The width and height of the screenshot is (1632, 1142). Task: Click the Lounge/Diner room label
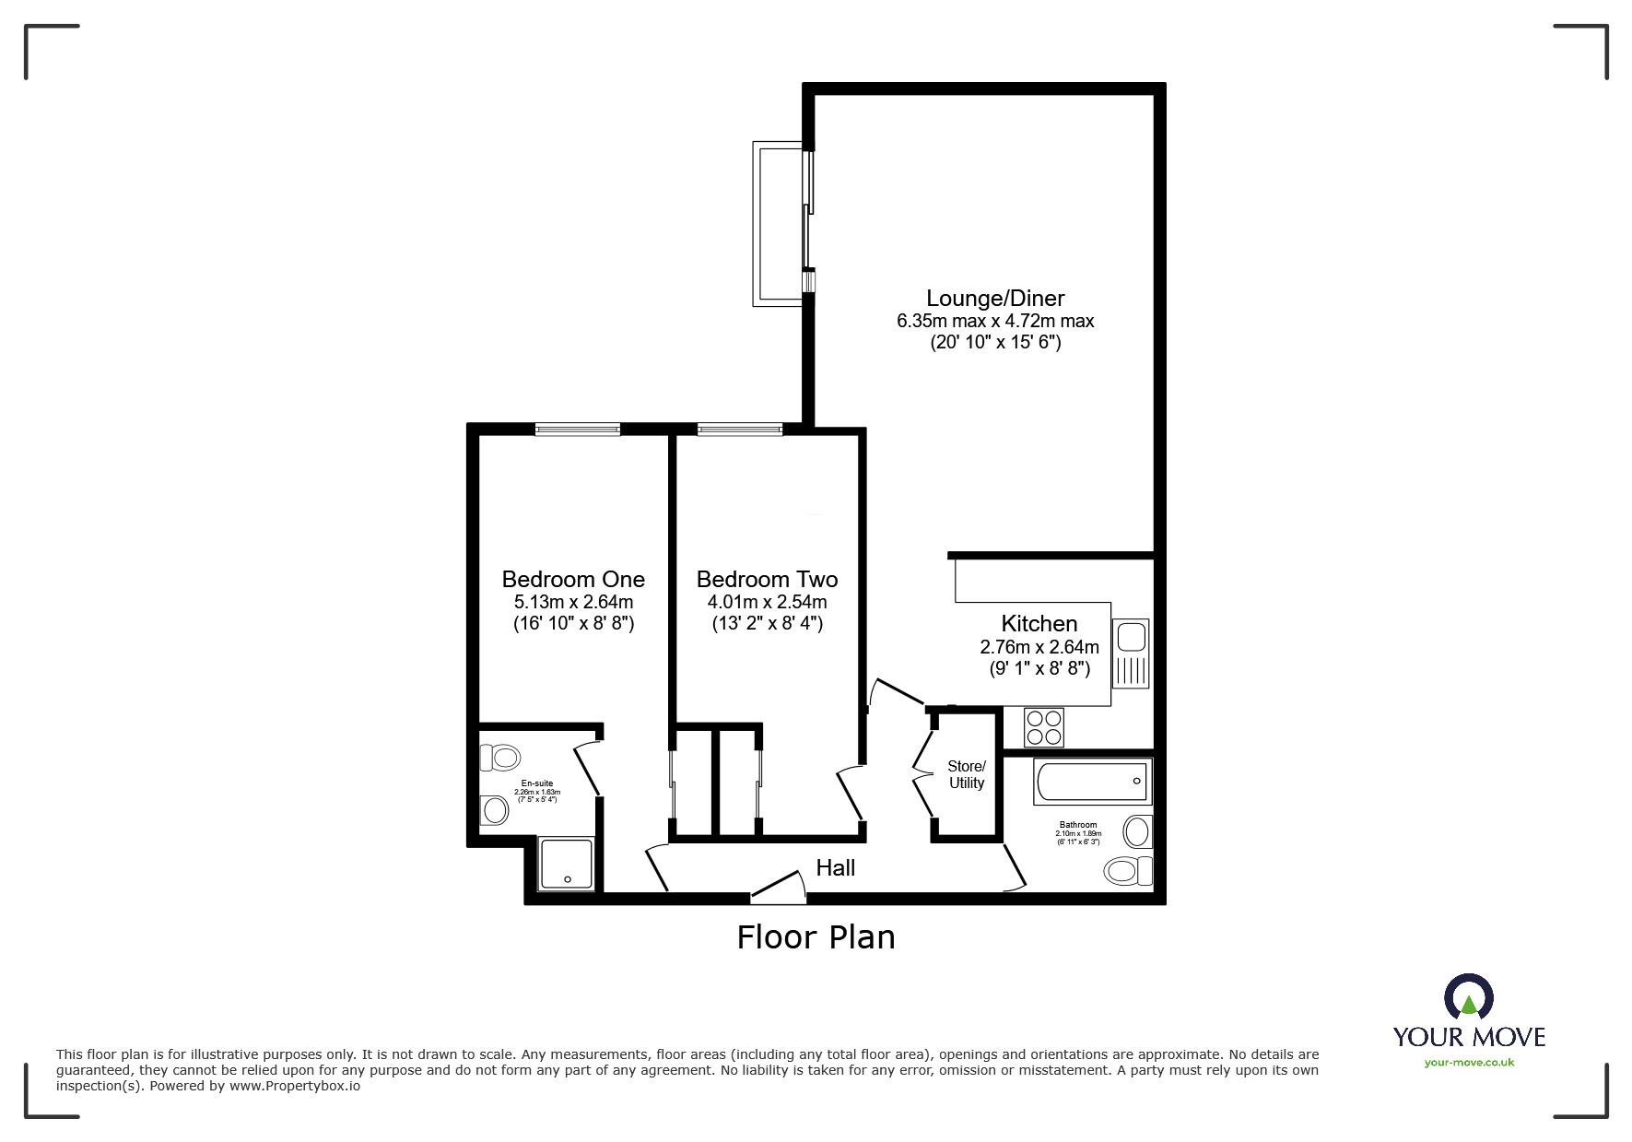coord(995,298)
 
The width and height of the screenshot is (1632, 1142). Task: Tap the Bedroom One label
coord(573,579)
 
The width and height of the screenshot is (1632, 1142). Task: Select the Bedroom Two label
coord(767,579)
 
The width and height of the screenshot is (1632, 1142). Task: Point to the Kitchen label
coord(1039,623)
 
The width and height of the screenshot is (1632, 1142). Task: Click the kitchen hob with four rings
coord(1044,726)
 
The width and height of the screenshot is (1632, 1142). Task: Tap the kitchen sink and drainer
coord(1131,653)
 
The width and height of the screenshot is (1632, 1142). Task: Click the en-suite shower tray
coord(566,863)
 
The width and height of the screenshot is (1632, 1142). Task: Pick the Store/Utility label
coord(967,774)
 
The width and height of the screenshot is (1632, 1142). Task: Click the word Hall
coord(836,867)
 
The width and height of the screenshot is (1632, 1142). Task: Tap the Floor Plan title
coord(816,937)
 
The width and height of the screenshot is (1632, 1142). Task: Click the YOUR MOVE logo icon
coord(1468,997)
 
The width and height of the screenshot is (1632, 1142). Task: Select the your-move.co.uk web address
coord(1469,1063)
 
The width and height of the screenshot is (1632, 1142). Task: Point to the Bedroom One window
coord(578,429)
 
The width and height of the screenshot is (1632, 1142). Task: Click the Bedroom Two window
coord(740,429)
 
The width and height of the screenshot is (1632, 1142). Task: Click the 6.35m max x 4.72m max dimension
coord(995,322)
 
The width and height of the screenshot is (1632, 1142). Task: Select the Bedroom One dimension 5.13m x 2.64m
coord(573,602)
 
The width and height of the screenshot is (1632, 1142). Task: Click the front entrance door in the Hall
coord(780,886)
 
